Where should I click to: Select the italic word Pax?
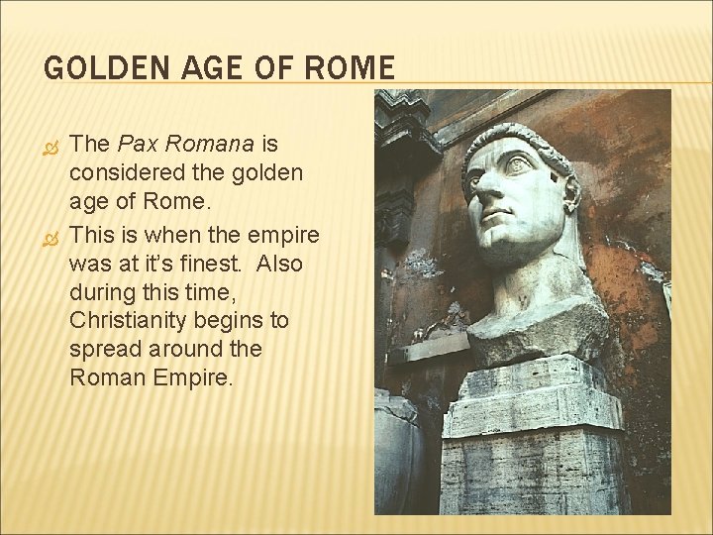(x=138, y=144)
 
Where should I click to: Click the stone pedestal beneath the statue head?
(x=531, y=436)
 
